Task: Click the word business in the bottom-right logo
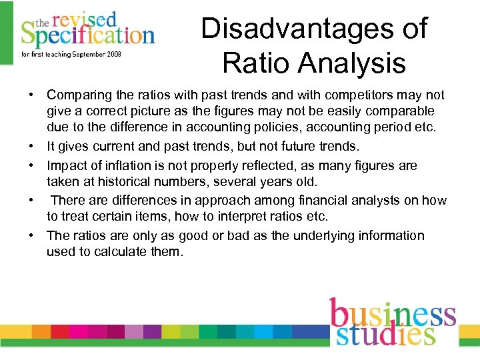393,313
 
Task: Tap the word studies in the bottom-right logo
385,333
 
